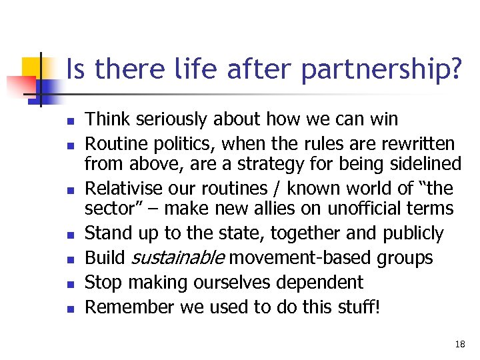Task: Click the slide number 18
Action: tap(459, 344)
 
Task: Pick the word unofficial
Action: tap(365, 209)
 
